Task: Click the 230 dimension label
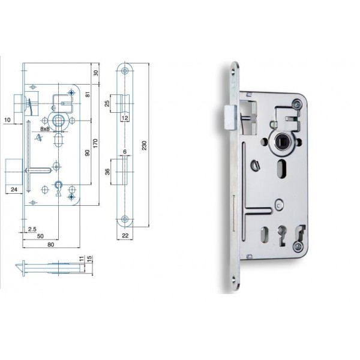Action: point(144,145)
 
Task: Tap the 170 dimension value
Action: point(95,143)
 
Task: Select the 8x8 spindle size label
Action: point(45,129)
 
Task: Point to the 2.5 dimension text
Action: point(32,229)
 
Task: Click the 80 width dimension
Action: point(51,245)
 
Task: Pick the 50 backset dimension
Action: point(40,236)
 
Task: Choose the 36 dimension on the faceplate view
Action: point(107,172)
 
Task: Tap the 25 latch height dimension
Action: point(107,103)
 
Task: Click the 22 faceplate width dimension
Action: point(125,236)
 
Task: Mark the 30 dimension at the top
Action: point(96,73)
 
